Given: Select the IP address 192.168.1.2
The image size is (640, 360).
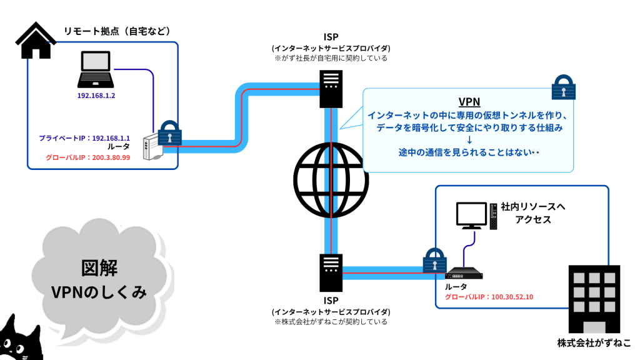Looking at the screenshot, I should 96,97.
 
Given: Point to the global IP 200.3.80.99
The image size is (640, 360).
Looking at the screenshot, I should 109,157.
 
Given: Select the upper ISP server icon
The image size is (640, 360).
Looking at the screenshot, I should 331,88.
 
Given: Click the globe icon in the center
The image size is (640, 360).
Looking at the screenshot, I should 331,181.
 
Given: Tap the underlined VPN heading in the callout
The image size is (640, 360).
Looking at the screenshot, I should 469,102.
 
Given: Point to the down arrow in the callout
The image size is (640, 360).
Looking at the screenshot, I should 469,140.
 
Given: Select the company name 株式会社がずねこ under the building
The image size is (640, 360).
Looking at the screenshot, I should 594,343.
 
